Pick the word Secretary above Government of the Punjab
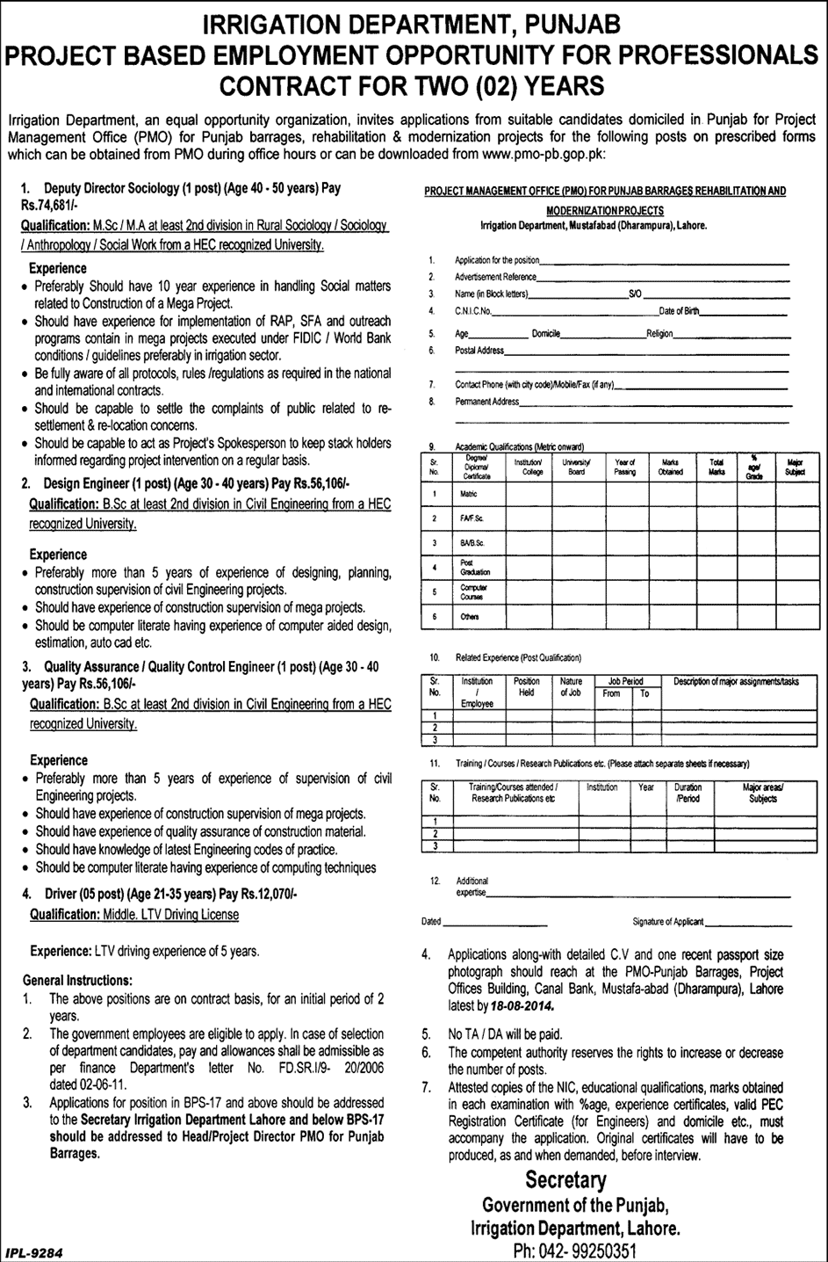tap(565, 1180)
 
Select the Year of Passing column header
tap(624, 467)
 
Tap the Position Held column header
tap(527, 686)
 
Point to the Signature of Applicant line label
tap(667, 922)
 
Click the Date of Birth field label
tap(680, 311)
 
